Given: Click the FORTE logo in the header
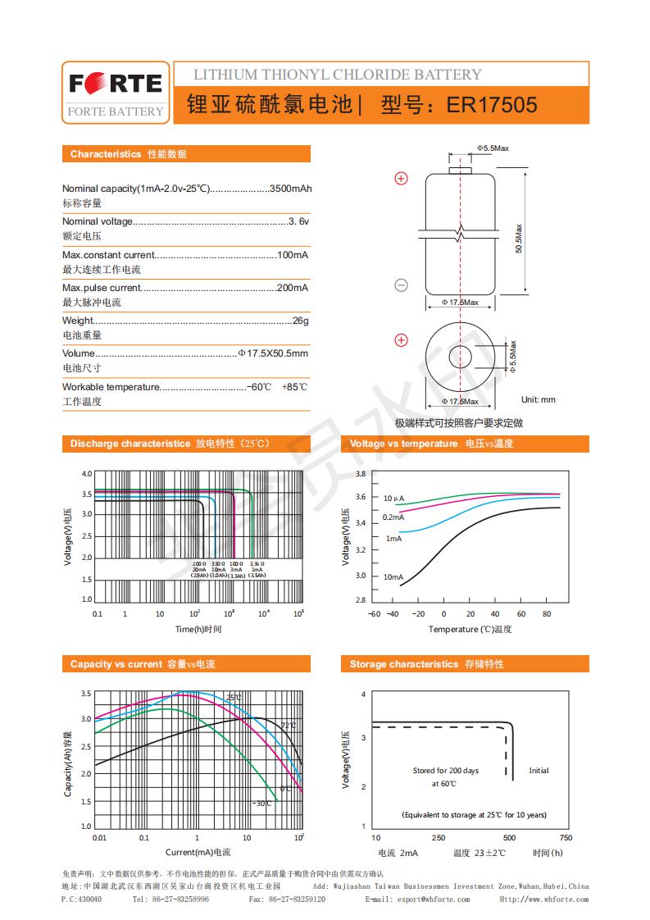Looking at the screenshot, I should tap(116, 84).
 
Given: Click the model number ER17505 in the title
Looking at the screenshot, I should tap(492, 105).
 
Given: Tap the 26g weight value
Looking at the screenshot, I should tap(300, 321).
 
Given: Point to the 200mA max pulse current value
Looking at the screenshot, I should tap(293, 288).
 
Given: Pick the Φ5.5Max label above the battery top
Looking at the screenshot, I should tap(493, 148).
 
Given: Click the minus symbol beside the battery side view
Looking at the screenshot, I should tap(402, 285).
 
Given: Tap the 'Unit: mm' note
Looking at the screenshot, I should tap(539, 399).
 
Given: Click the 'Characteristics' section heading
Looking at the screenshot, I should tap(105, 154).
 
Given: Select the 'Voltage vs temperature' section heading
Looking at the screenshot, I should tap(403, 444).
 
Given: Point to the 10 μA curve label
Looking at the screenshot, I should tap(393, 499).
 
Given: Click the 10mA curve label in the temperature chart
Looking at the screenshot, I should tap(393, 577).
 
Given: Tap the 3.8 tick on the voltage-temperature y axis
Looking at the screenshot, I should tap(360, 474).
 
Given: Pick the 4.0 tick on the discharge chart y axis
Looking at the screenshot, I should tap(87, 474).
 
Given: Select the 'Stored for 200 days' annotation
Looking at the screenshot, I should tap(445, 771).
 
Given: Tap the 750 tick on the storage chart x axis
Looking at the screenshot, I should tap(565, 837).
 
